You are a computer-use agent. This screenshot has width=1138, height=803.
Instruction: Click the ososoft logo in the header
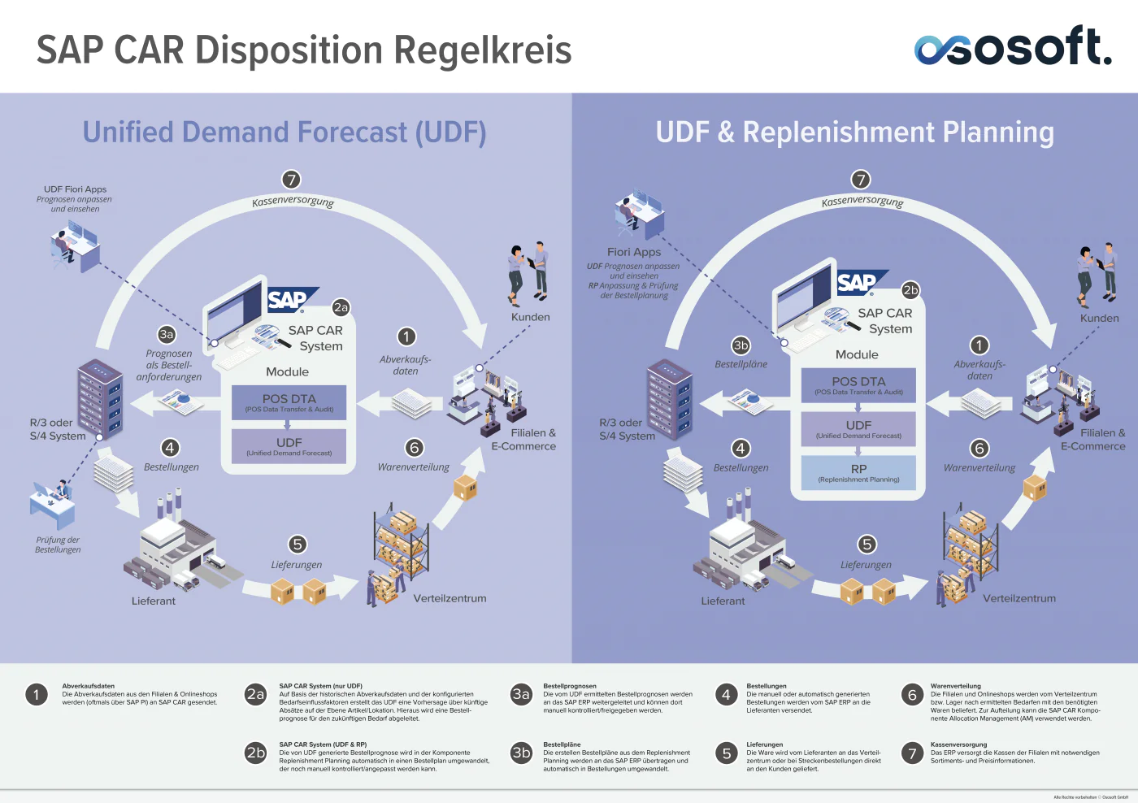click(x=1012, y=46)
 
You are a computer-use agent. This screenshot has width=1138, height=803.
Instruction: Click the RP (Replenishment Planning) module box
click(x=858, y=472)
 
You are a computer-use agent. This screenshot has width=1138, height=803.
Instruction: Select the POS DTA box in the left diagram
click(x=289, y=402)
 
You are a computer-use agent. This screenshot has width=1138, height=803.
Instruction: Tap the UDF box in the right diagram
click(x=858, y=428)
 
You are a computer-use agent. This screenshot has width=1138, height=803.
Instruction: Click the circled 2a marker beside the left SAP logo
click(x=341, y=307)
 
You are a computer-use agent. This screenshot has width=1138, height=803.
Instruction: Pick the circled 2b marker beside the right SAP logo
click(x=910, y=290)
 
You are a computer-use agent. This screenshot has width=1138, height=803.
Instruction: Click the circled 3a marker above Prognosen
click(x=167, y=334)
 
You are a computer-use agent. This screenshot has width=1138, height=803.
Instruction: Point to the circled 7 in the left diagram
click(x=291, y=180)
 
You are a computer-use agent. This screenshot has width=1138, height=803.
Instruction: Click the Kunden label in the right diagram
click(x=1099, y=319)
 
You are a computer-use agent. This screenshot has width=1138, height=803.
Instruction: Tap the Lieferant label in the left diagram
click(x=154, y=601)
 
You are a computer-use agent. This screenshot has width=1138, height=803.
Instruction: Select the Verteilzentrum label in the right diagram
click(x=1019, y=598)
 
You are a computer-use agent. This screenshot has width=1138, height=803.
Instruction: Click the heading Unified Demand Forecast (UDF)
click(x=284, y=132)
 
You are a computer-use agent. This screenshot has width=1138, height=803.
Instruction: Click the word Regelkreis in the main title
click(x=483, y=50)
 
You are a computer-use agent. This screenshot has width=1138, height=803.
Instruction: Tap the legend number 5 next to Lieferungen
click(x=727, y=753)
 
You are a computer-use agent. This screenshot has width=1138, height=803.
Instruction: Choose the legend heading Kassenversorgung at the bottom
click(x=958, y=744)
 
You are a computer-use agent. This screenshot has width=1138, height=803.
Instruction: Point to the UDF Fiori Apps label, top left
click(x=75, y=189)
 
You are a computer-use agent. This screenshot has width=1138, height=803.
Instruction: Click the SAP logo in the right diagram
click(x=858, y=283)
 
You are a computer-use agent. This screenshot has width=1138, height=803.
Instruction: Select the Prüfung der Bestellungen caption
click(x=58, y=545)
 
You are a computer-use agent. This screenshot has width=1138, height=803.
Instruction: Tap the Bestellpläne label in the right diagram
click(x=741, y=364)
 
